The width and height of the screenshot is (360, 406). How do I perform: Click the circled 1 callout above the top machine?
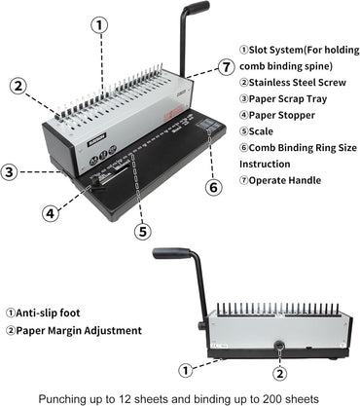coord(98,25)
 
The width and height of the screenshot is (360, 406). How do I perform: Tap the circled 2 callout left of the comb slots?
coord(18,85)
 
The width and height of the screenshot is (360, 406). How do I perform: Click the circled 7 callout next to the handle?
coord(226,67)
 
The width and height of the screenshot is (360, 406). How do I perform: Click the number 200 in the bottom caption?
coord(270,397)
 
